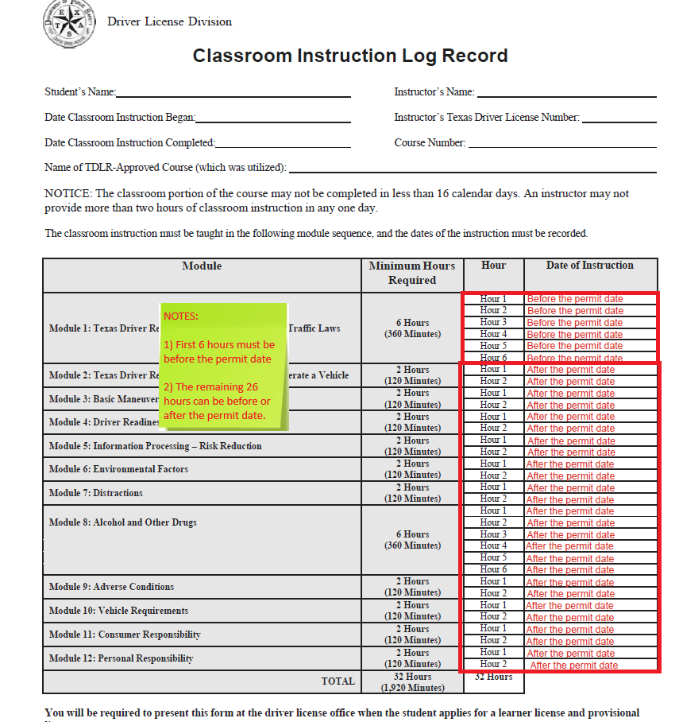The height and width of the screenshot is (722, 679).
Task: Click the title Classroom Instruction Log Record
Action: pos(350,56)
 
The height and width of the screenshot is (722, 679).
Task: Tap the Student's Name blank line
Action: pos(233,93)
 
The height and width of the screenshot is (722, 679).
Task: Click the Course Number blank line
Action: pos(561,144)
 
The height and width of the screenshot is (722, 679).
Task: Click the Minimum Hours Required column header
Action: pos(412,273)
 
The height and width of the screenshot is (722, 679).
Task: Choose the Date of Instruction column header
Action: pos(589,266)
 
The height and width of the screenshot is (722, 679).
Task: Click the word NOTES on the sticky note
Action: pos(181,316)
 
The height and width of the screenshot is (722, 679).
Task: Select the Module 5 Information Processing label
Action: pos(155,446)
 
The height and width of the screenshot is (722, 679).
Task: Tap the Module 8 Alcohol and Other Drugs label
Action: pos(122,522)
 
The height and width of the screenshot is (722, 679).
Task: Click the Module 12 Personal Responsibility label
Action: pos(121,658)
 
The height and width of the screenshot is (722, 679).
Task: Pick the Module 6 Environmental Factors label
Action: pos(118,469)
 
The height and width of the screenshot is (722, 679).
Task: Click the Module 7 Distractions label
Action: pos(95,493)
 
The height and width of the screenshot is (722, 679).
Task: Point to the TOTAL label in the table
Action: pos(338,681)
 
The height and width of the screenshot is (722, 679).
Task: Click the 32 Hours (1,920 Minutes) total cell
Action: pos(412,682)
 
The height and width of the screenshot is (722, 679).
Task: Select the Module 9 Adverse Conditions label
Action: pos(111,587)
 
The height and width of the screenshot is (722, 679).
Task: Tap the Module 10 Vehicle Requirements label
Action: pos(118,611)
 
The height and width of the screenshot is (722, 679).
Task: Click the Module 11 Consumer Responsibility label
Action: pos(125,635)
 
